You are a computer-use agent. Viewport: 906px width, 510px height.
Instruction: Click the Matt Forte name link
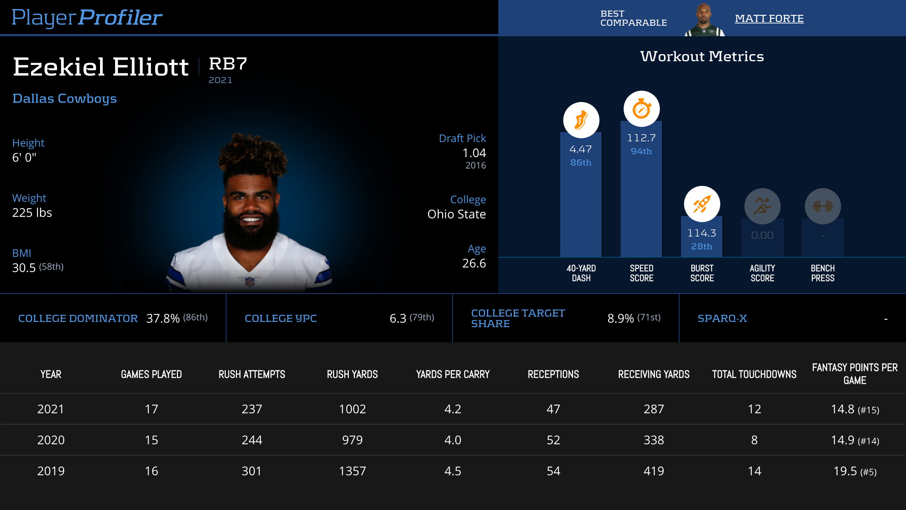coord(769,19)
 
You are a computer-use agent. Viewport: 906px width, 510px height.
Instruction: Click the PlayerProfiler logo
coord(87,17)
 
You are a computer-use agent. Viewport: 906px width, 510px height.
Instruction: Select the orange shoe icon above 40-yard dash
coord(581,120)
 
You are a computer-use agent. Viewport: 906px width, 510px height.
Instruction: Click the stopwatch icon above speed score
coord(641,109)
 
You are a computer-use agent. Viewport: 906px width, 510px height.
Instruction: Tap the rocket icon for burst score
coord(702,204)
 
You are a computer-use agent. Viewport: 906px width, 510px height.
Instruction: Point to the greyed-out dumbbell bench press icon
coord(823,206)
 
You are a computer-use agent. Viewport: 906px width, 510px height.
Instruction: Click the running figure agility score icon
coord(762,206)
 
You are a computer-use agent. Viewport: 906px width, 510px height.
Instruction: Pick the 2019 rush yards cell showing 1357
coord(352,471)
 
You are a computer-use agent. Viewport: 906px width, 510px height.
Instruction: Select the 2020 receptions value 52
coord(553,440)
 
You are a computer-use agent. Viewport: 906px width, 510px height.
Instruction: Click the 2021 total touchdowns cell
coord(754,409)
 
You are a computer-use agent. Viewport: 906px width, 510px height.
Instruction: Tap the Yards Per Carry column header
coord(453,374)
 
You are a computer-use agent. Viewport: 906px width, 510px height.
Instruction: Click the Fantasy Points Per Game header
coord(855,374)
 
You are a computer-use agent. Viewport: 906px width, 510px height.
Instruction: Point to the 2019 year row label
coord(51,471)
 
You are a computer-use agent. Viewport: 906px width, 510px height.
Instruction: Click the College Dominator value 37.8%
coord(163,318)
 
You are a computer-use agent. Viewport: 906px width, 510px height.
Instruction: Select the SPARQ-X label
coord(722,318)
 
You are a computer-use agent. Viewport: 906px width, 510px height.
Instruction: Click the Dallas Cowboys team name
coord(65,99)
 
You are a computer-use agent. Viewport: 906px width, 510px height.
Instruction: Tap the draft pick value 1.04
coord(474,153)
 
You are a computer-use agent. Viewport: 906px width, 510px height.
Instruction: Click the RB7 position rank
coord(228,64)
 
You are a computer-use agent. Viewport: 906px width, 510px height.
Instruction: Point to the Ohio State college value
coord(456,214)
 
